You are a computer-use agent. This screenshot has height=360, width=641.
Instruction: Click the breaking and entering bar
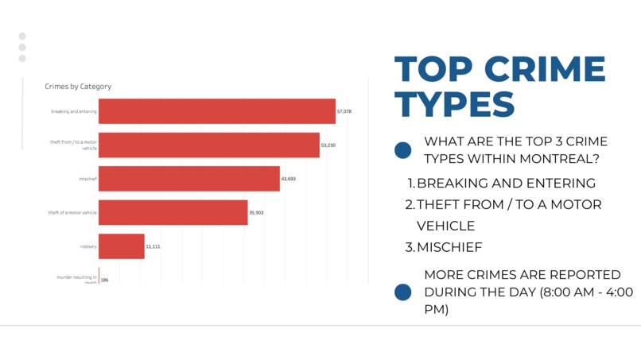coord(216,111)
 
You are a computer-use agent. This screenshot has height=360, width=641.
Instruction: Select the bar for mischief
coord(189,179)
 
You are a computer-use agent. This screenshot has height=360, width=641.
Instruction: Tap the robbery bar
coord(122,246)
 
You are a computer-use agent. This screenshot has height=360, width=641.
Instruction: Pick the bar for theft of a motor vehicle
coord(173,212)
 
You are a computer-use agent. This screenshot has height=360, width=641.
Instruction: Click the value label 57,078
coord(344,112)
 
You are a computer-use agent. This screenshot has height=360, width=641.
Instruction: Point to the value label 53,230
coord(328,145)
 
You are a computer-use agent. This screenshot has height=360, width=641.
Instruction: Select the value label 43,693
coord(289,179)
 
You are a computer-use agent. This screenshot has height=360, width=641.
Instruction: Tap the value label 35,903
coord(256,213)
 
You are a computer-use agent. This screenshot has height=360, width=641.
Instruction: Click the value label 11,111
coord(153,246)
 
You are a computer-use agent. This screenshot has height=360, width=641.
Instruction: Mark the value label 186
coord(105,280)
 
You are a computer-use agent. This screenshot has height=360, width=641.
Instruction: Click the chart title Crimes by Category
coord(78,87)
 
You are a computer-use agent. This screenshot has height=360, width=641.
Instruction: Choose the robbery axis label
coord(88,246)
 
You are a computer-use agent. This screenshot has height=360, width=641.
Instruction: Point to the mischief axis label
coord(87,179)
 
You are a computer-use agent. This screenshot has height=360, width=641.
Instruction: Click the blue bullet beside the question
coord(403,150)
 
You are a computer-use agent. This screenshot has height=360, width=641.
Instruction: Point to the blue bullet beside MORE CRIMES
coord(403,292)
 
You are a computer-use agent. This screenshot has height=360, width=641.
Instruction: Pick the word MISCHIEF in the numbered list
coord(449,247)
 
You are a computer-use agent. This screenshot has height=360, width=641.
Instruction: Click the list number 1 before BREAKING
coord(411,184)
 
